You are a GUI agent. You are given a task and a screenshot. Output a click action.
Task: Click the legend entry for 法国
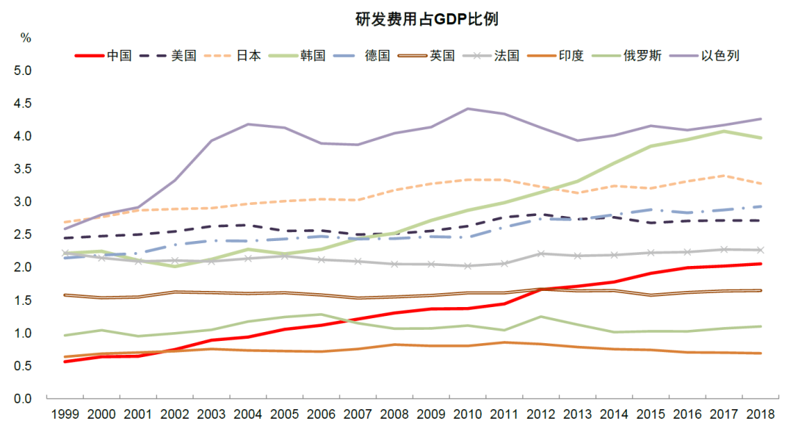[507, 55]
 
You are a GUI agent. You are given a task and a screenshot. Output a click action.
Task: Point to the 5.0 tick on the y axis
[23, 71]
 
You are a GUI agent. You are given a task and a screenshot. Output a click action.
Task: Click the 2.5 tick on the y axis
[23, 235]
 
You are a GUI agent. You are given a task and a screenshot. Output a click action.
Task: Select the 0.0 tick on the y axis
[23, 399]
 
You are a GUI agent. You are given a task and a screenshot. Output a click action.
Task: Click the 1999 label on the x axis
[65, 415]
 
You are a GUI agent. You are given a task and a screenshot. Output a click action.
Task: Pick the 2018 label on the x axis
[760, 415]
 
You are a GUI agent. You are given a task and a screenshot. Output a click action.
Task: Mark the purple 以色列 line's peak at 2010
[468, 109]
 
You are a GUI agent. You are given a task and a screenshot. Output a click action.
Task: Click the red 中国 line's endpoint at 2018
[761, 264]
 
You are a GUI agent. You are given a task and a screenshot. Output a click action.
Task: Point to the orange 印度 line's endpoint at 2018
[761, 353]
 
